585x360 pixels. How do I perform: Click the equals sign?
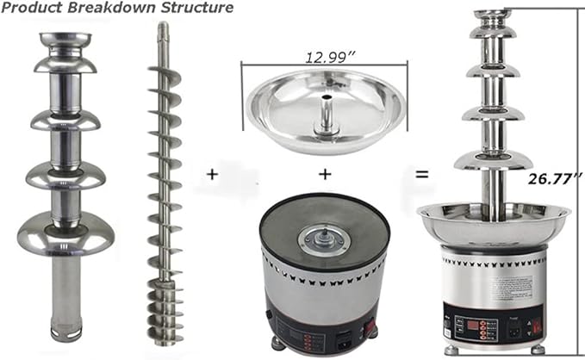pos(422,174)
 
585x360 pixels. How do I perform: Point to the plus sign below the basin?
pos(325,174)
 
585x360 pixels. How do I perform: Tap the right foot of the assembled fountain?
pos(536,351)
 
